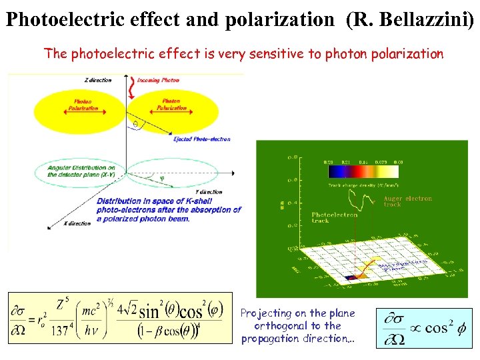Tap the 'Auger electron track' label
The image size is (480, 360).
(407, 201)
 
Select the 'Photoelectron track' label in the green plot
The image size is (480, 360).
(334, 217)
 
